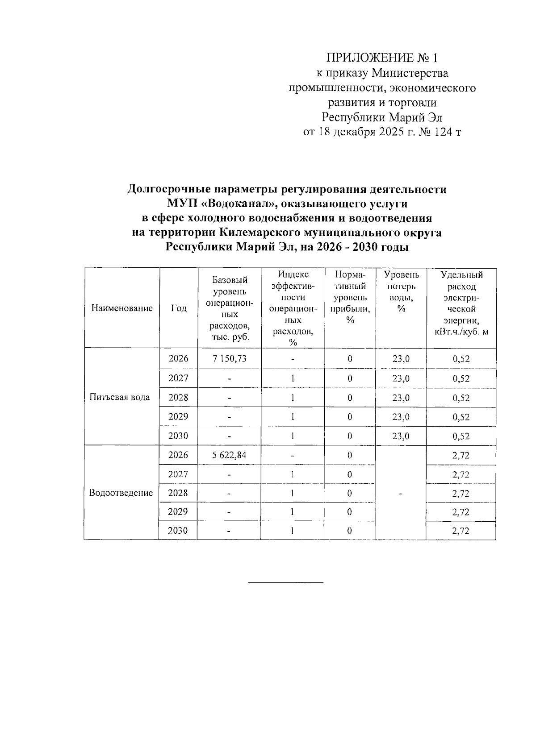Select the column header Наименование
[x=121, y=308]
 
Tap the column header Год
[x=178, y=308]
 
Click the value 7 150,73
[x=230, y=358]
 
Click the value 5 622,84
[x=229, y=455]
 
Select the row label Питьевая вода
[x=120, y=397]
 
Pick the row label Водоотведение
[x=121, y=493]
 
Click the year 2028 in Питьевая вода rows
[x=178, y=397]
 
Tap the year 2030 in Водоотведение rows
[x=178, y=531]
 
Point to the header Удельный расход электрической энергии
[x=461, y=303]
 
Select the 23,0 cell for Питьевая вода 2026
[x=401, y=359]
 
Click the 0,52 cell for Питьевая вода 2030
[x=461, y=436]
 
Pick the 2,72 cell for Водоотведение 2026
[x=461, y=456]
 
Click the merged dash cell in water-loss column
[x=401, y=494]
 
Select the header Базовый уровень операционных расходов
[x=230, y=308]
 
